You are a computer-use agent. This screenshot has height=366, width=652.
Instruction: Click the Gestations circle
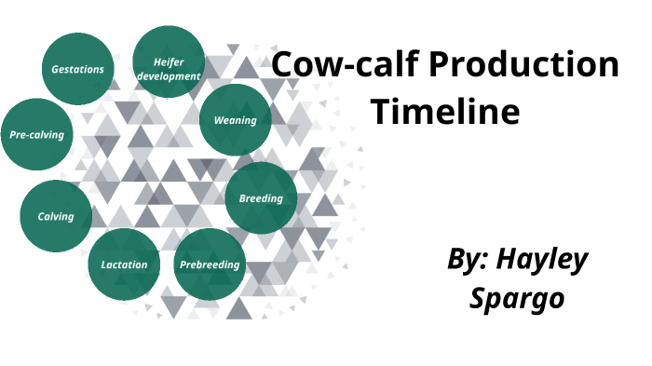click(77, 69)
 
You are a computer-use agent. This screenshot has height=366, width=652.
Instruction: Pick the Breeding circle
click(261, 198)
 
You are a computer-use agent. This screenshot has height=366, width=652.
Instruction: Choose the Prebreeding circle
click(210, 264)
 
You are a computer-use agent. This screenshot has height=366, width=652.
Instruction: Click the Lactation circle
click(124, 264)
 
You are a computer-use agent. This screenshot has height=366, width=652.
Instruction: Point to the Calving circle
click(56, 217)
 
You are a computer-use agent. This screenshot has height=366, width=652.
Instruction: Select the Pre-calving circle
click(37, 135)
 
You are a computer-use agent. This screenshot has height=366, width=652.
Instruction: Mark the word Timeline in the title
click(445, 112)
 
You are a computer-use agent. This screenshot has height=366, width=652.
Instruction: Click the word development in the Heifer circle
click(170, 75)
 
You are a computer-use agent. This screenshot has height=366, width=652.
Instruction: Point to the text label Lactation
click(124, 264)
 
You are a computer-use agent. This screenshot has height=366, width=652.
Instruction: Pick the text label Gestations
click(77, 69)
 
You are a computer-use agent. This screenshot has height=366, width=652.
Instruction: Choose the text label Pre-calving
click(37, 135)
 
